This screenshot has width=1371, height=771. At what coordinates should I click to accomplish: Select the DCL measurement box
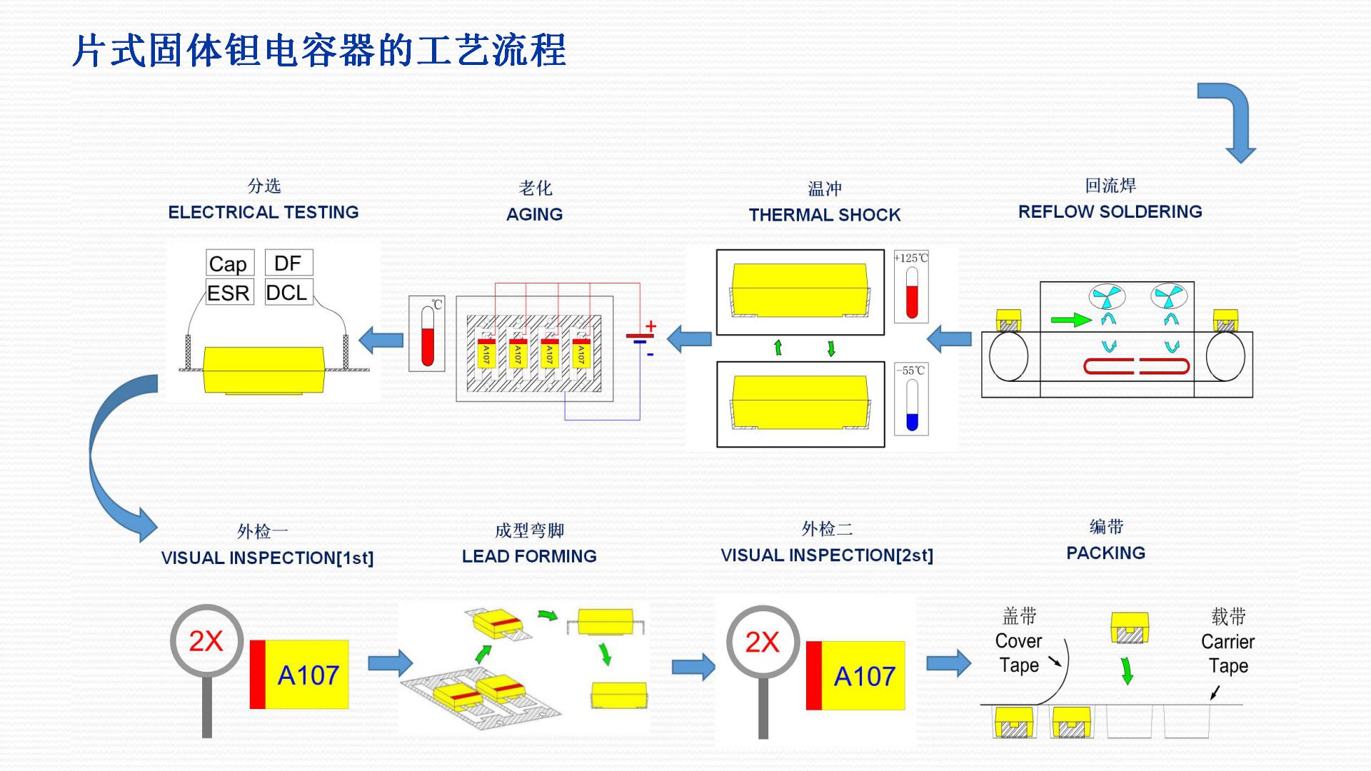(x=288, y=292)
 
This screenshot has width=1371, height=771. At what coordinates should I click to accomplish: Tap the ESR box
(x=229, y=293)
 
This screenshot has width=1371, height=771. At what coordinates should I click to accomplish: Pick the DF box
(x=288, y=263)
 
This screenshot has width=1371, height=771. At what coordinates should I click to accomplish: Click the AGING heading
(x=534, y=214)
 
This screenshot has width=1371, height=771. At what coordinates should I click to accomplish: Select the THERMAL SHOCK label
(x=824, y=215)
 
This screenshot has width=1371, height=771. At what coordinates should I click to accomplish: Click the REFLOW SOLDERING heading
(x=1110, y=211)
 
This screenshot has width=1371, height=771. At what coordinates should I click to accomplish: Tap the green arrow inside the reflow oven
(x=1071, y=320)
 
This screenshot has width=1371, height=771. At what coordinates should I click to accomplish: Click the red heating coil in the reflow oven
(x=1136, y=367)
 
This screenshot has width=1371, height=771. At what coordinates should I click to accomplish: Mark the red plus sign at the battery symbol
(x=651, y=326)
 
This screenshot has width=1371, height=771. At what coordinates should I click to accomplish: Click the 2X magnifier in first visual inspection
(x=206, y=641)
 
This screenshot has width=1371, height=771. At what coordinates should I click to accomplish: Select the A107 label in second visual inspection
(x=863, y=676)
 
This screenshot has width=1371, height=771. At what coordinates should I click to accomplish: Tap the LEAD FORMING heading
(x=529, y=556)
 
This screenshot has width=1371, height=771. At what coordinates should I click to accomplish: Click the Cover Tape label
(x=1018, y=652)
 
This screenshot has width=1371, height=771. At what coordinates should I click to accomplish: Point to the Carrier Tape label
(x=1227, y=653)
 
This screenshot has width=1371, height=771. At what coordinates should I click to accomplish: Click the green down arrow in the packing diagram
(x=1127, y=670)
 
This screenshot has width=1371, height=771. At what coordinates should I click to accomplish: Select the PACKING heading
(x=1105, y=553)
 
